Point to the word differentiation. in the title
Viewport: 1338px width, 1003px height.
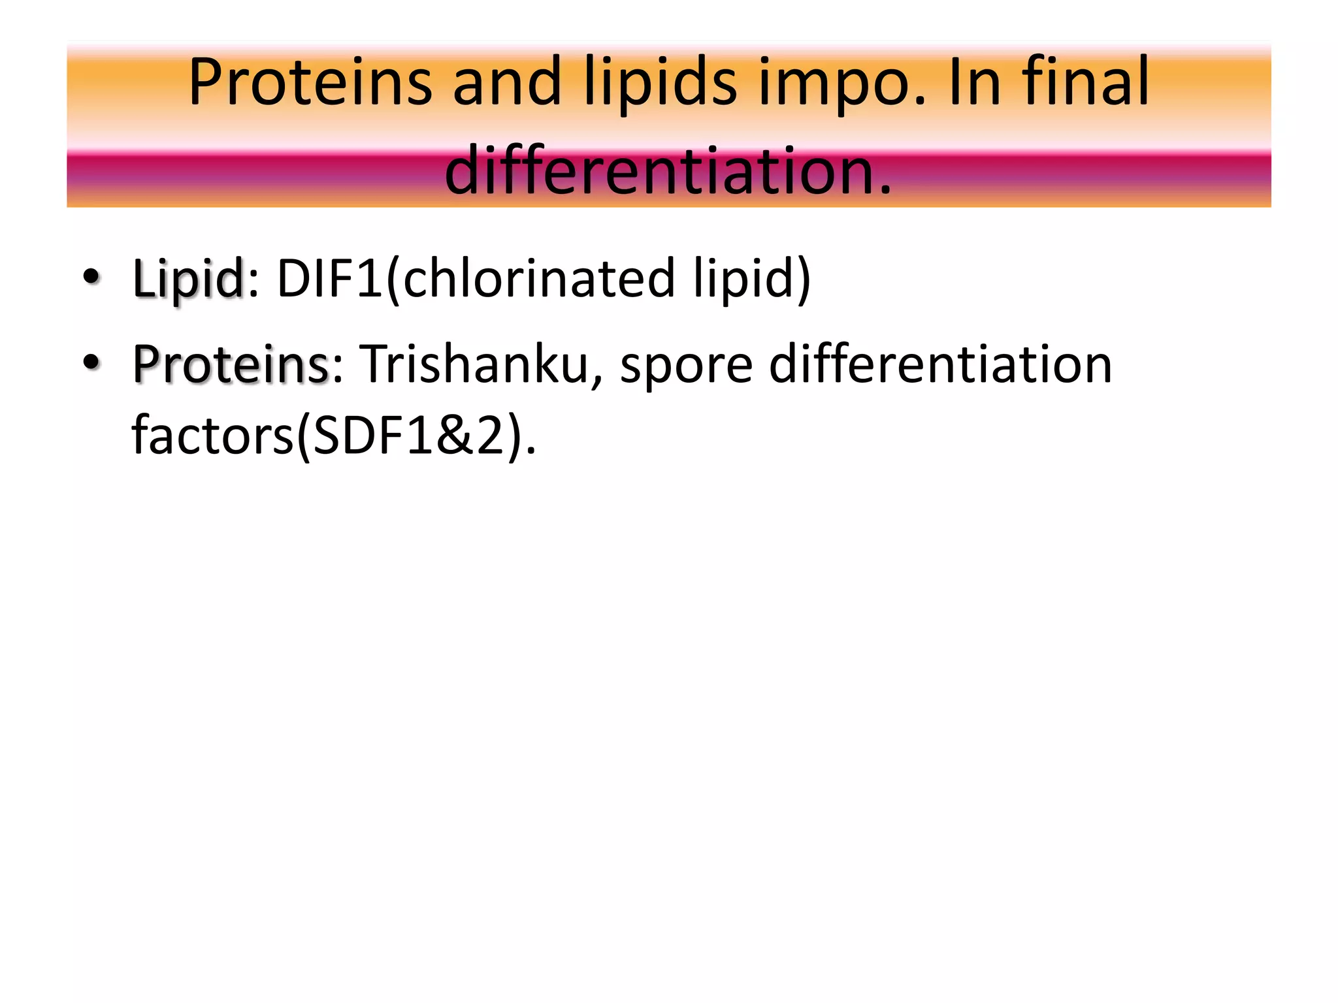(668, 171)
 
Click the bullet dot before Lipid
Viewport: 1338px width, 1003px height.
(91, 277)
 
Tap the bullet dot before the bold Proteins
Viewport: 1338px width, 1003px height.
(91, 362)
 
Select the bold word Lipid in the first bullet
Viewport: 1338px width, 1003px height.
(188, 279)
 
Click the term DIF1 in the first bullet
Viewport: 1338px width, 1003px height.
(330, 279)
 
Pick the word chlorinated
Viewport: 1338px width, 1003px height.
(539, 279)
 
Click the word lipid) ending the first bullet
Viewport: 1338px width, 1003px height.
(751, 279)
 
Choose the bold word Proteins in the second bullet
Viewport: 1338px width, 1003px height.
(231, 364)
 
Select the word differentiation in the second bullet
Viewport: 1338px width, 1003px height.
(941, 364)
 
